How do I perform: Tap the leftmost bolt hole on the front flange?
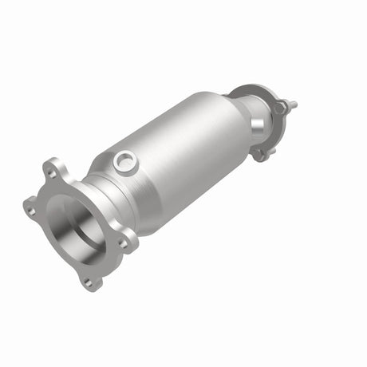30,211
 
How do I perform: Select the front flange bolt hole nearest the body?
122,242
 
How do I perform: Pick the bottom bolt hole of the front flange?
89,281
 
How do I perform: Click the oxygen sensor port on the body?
125,162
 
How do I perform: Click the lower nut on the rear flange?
260,153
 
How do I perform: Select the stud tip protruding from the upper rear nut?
293,104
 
